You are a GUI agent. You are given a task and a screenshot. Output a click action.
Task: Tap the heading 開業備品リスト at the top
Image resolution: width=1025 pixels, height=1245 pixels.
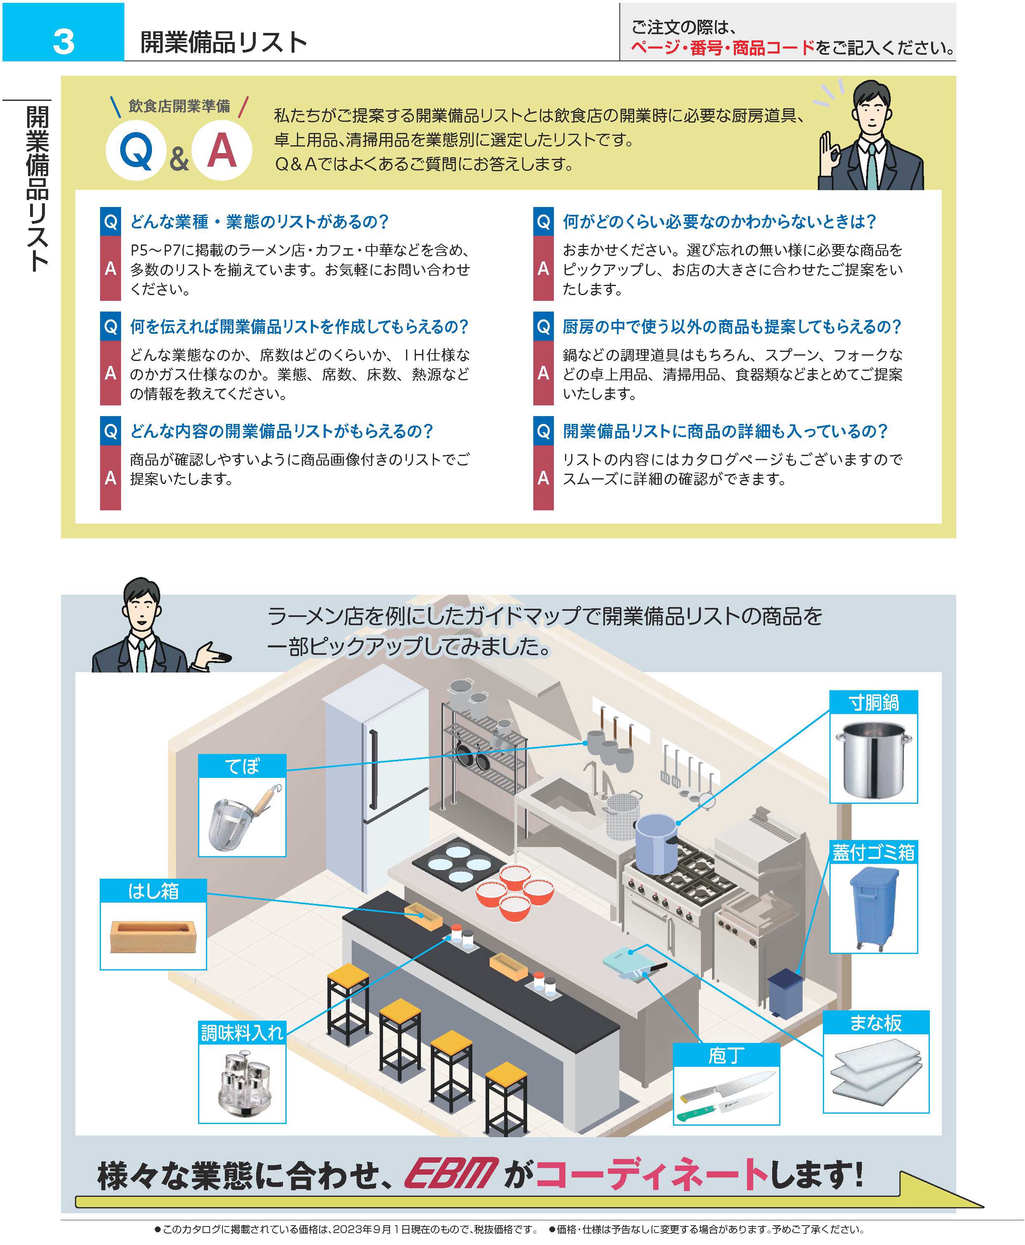pos(224,42)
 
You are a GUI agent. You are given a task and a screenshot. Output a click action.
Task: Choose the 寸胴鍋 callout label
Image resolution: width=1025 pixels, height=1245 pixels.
pos(873,702)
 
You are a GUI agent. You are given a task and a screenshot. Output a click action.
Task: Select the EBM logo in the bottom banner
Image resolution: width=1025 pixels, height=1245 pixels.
pos(451,1174)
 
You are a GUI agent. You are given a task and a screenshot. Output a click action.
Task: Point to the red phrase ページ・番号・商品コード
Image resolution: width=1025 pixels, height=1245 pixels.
pos(722,48)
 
